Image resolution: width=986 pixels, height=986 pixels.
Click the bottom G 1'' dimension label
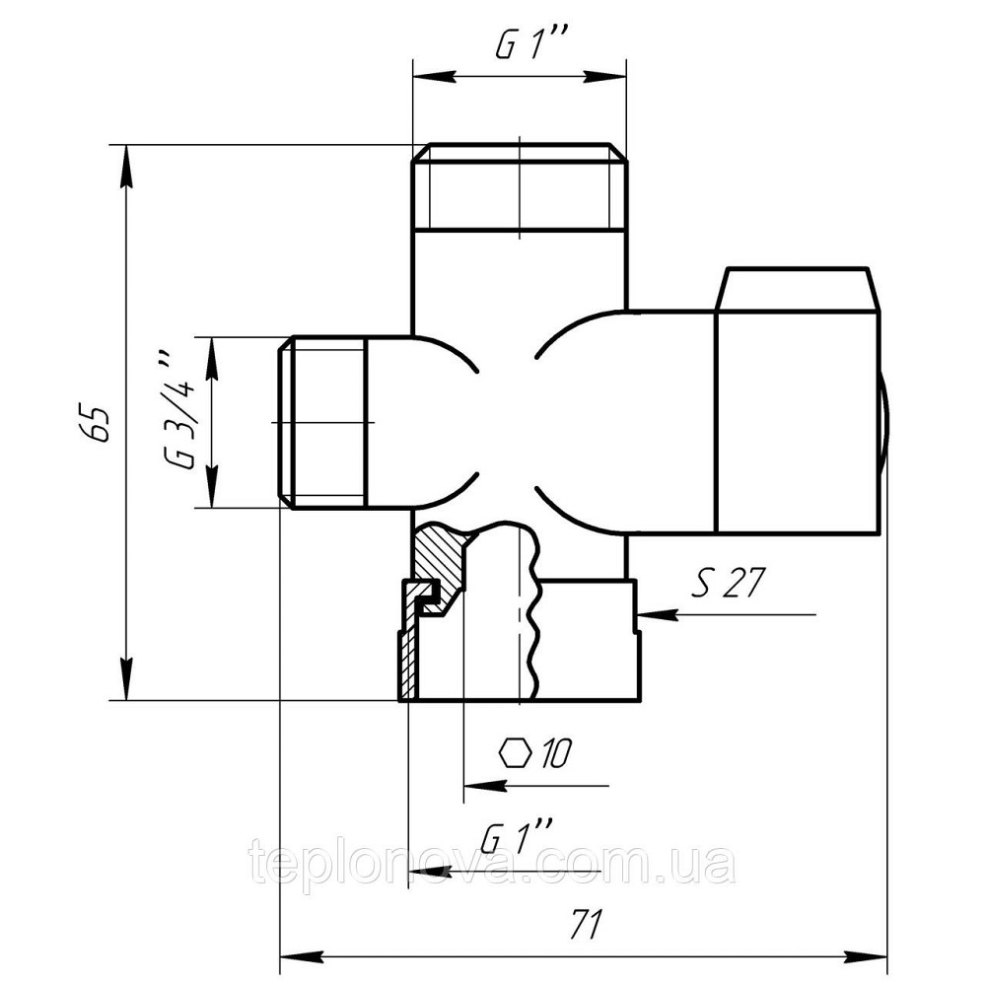[516, 837]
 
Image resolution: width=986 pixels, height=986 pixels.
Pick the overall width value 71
[586, 924]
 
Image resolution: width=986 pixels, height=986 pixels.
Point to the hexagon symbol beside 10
[516, 752]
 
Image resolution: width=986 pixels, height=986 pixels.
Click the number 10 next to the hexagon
[554, 752]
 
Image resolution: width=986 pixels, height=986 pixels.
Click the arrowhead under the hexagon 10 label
[485, 786]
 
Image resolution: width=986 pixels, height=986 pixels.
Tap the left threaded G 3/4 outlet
[321, 422]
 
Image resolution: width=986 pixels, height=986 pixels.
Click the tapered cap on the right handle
[797, 289]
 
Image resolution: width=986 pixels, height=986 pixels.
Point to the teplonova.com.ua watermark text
[492, 864]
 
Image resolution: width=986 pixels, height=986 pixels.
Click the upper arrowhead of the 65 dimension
[126, 166]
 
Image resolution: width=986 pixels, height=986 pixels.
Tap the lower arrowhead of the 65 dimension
[126, 679]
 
